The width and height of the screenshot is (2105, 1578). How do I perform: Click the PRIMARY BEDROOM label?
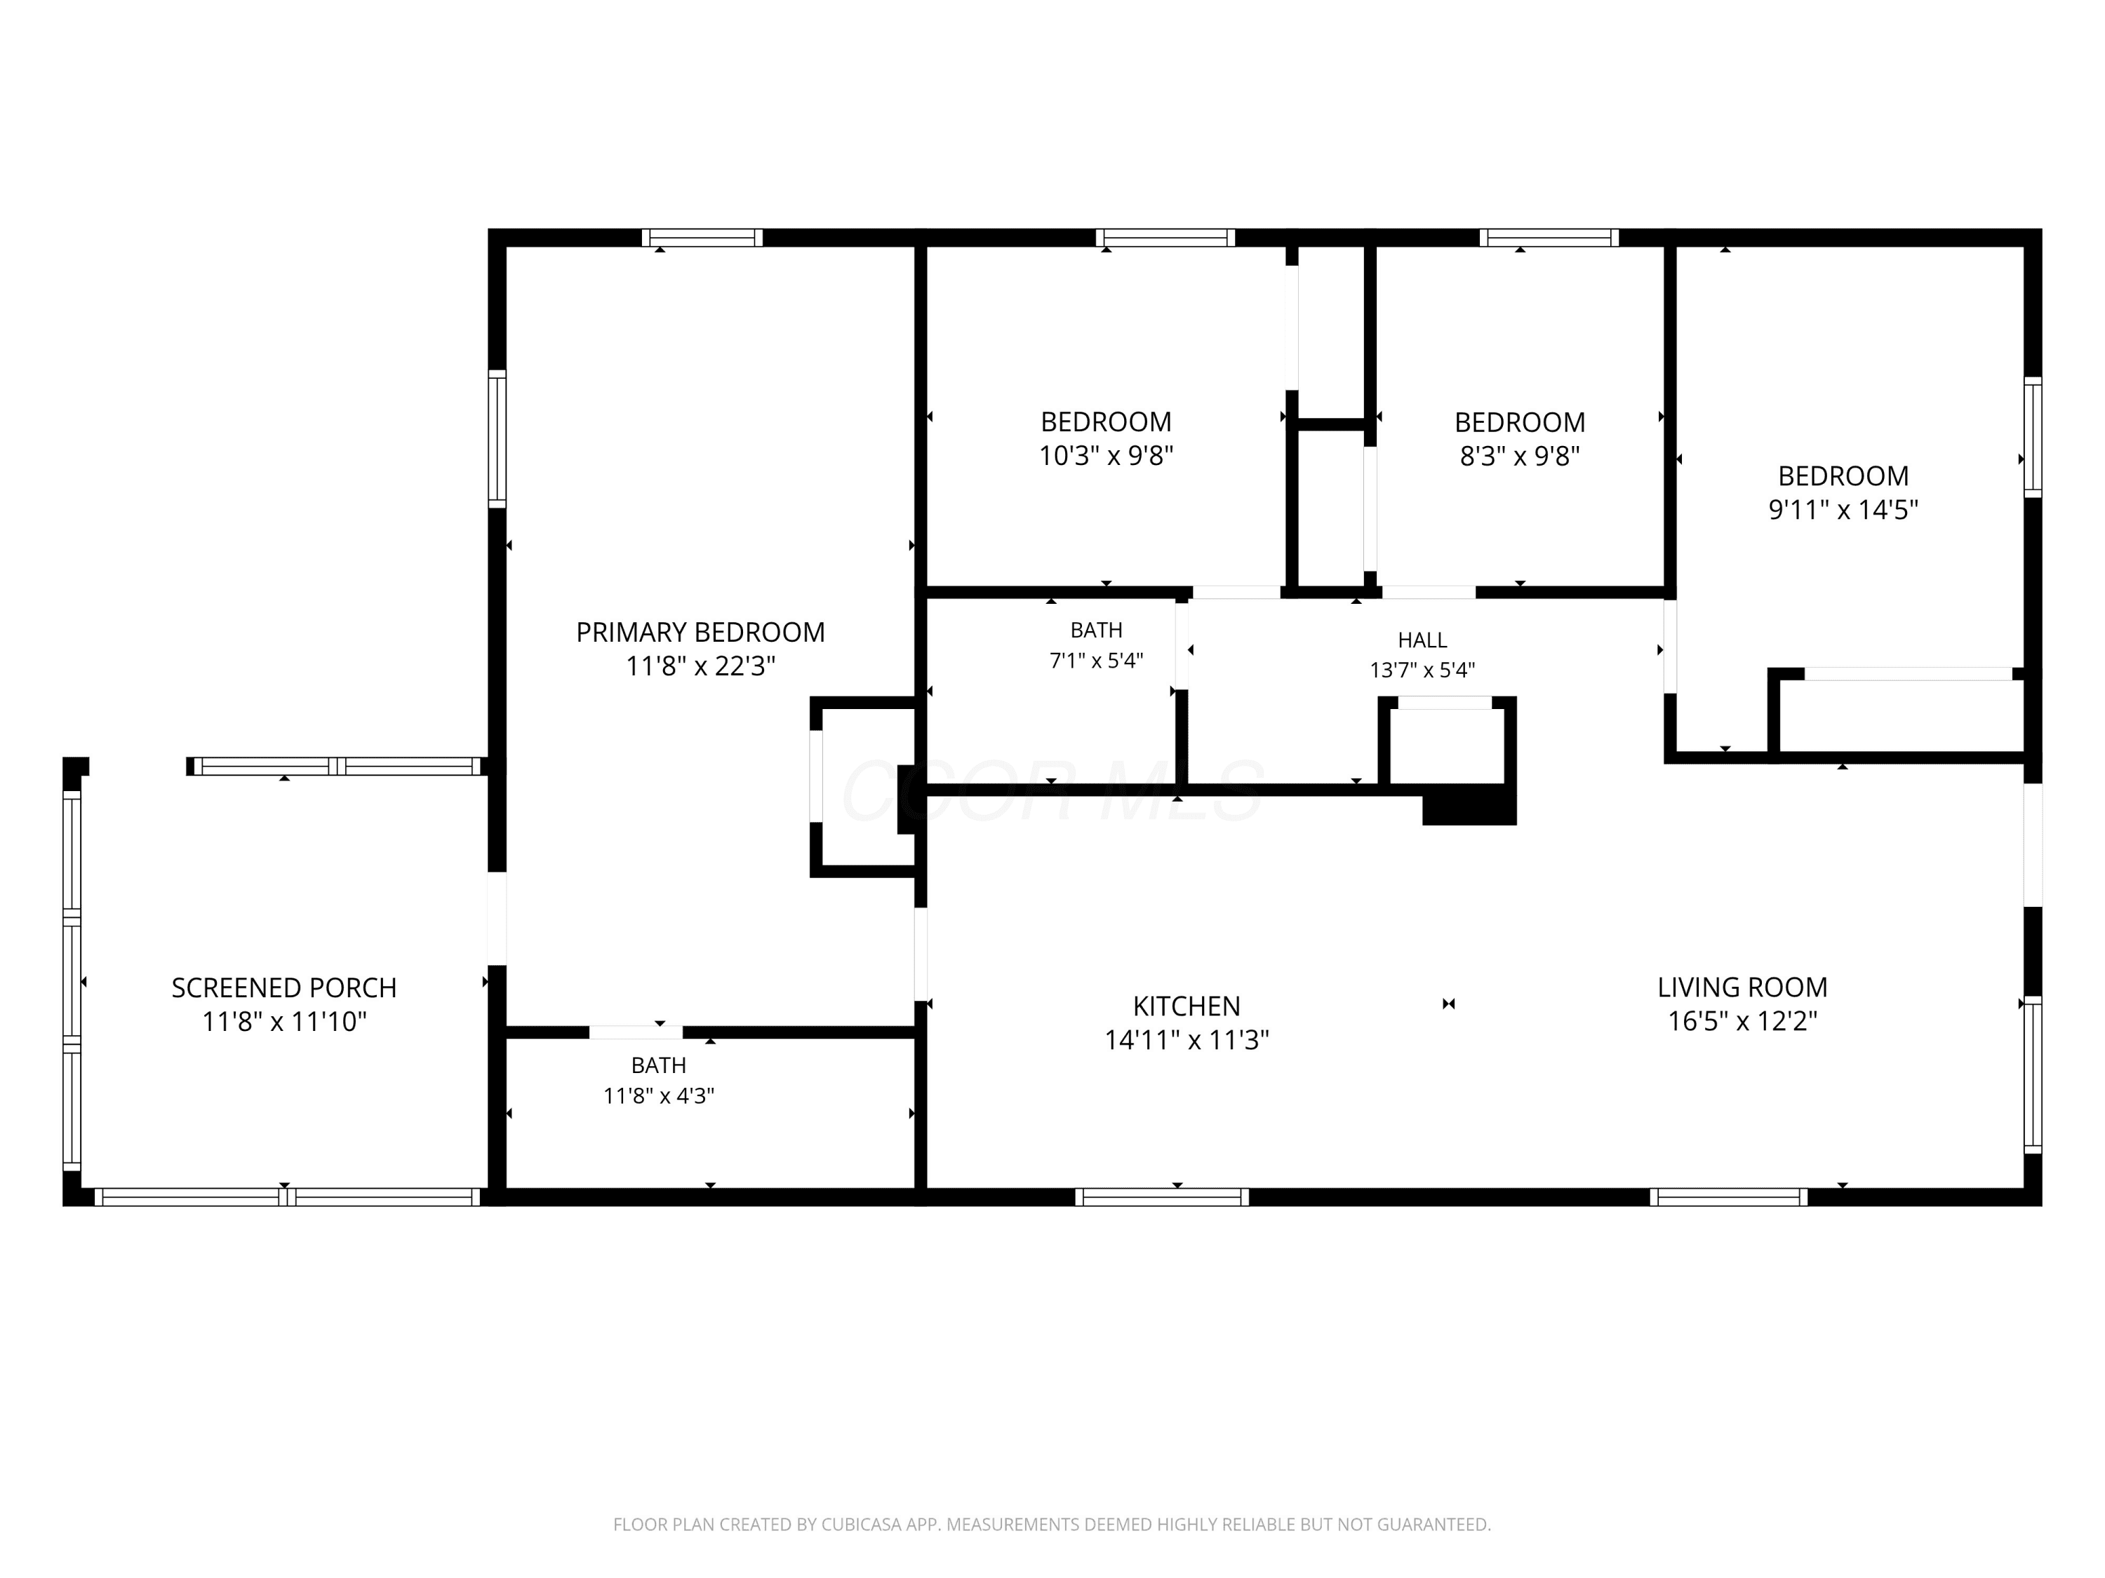[700, 633]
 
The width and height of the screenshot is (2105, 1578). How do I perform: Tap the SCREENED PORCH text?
[283, 988]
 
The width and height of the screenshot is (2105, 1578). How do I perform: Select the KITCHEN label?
[1187, 1006]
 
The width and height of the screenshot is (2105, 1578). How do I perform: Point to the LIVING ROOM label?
[1742, 987]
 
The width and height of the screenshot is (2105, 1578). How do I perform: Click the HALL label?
[1423, 640]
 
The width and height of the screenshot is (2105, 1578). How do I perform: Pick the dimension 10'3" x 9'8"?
[1106, 456]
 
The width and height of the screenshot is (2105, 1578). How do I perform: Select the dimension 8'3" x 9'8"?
[1520, 456]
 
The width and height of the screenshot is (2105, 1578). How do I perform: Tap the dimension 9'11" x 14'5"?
[1843, 510]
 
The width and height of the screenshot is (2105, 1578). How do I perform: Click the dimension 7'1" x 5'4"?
[1096, 660]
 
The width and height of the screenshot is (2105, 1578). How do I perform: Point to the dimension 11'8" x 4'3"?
[659, 1095]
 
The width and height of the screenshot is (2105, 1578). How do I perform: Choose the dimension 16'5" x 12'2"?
[1742, 1022]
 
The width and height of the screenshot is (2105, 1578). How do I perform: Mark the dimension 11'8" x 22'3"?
[700, 666]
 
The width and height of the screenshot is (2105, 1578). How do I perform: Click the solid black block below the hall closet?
[1469, 804]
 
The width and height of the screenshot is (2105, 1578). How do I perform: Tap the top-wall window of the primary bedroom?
[702, 238]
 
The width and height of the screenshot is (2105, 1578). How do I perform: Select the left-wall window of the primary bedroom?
[497, 438]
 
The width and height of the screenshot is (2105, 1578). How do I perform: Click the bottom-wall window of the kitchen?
[1162, 1196]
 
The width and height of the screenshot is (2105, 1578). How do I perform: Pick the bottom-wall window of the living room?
[1729, 1196]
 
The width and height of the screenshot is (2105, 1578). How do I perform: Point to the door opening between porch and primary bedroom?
[497, 919]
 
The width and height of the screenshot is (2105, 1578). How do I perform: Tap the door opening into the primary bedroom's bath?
[636, 1032]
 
